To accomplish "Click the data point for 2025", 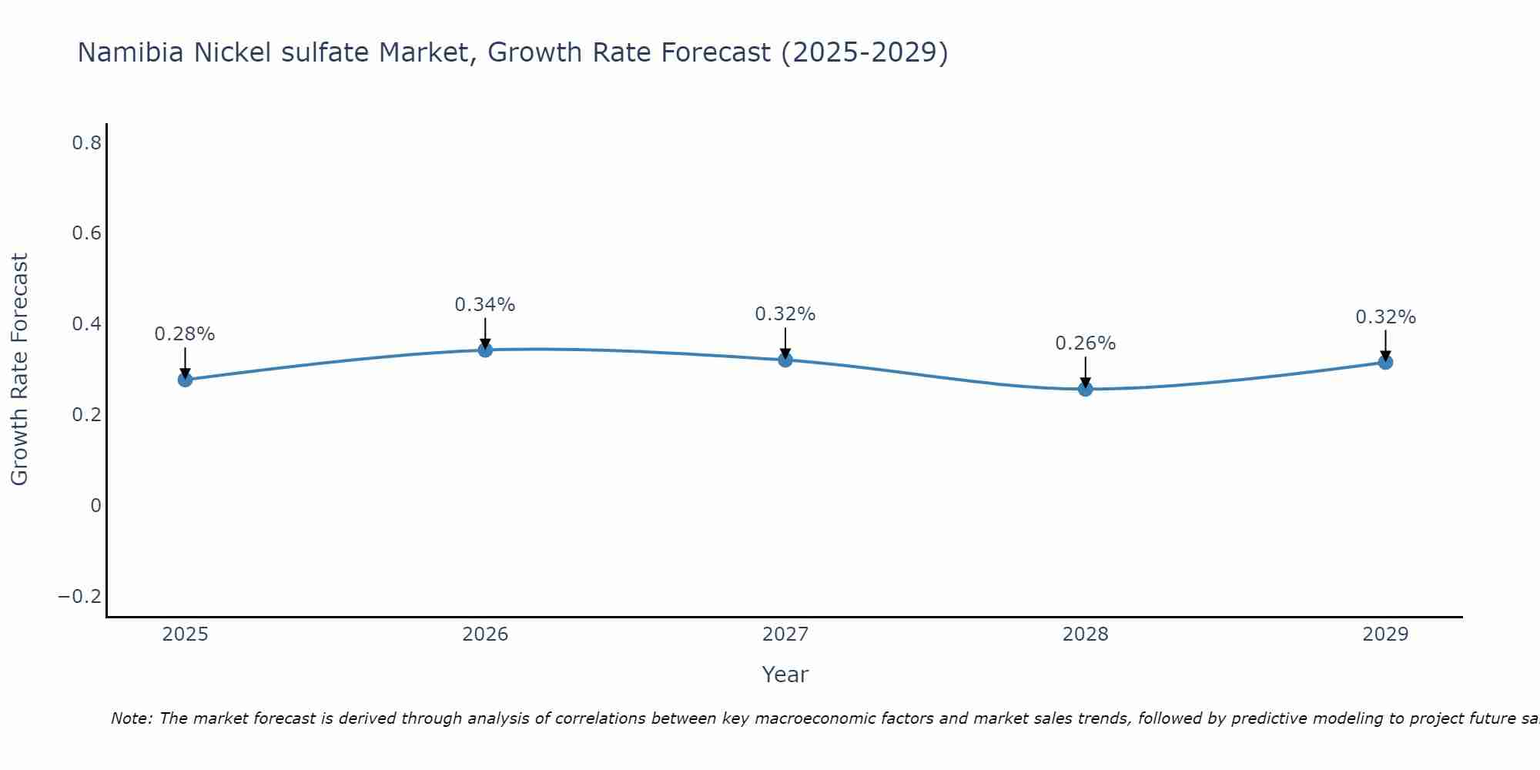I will [185, 380].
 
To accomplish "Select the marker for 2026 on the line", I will [485, 350].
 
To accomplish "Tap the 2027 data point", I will [785, 360].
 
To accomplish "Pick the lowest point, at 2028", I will [1085, 389].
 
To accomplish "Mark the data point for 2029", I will [1385, 362].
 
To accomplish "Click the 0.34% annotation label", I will [484, 305].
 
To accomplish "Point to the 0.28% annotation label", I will [185, 334].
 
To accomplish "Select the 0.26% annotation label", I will [1085, 343].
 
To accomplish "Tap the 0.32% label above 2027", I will [785, 314].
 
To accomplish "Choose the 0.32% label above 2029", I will [1385, 317].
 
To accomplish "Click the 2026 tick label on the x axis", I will [485, 634].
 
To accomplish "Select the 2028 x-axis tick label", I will [1085, 634].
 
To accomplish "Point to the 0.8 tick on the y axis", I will [87, 142].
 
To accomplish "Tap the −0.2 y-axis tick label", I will [80, 597].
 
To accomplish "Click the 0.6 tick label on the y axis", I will [87, 233].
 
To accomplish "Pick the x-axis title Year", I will [785, 675].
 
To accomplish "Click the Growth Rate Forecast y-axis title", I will [20, 370].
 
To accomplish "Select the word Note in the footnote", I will [131, 718].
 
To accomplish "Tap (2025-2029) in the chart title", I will [864, 53].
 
